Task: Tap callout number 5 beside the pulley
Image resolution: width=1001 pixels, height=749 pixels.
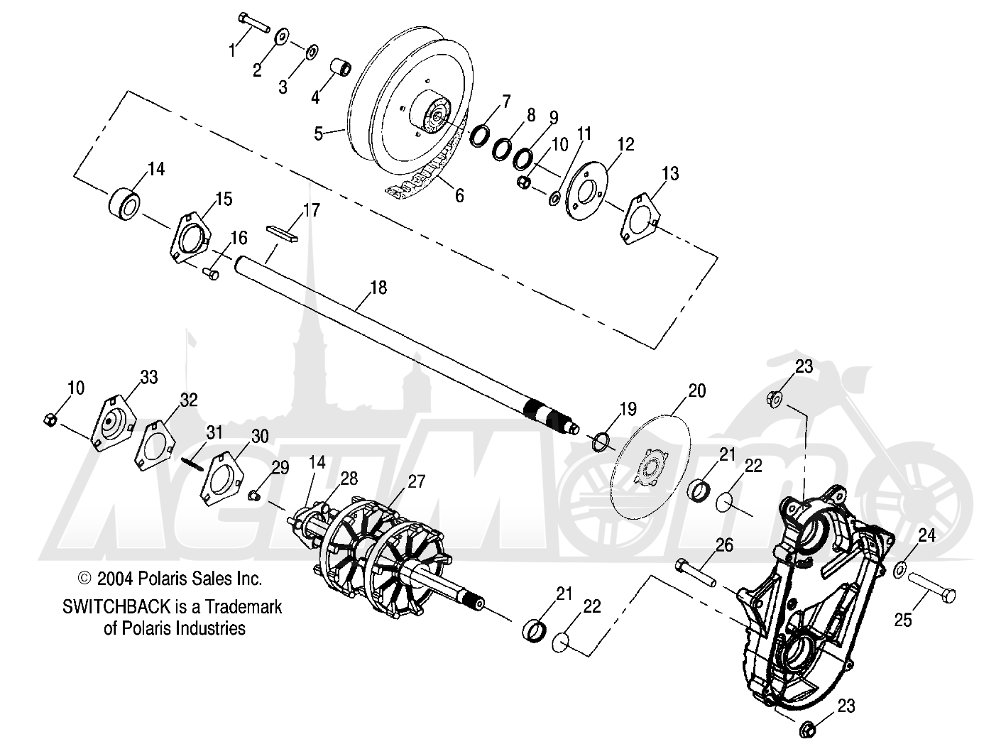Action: (319, 133)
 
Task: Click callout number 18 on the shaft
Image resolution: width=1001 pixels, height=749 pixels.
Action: (378, 288)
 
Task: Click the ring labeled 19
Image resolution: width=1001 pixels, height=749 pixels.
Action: (601, 443)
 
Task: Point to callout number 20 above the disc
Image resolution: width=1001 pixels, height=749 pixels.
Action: (696, 390)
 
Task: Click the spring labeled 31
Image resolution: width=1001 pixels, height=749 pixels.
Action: (192, 462)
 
